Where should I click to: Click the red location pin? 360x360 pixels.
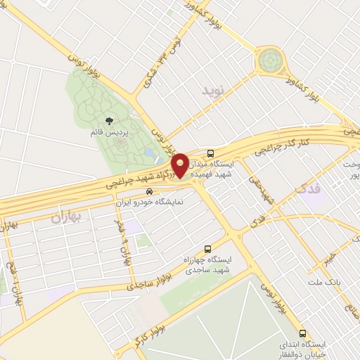coord(181,165)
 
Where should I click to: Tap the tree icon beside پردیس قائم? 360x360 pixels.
coord(108,122)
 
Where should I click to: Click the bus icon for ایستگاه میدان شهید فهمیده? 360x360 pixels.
coord(211,153)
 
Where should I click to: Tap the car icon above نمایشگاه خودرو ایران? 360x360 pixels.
coord(148,191)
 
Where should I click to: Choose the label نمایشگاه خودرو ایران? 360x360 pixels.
coord(150,201)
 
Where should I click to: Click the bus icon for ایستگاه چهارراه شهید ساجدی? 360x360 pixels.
coord(207,249)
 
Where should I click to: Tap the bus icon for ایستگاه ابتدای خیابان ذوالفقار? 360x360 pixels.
coord(302,333)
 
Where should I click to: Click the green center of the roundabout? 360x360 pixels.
coord(269,60)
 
